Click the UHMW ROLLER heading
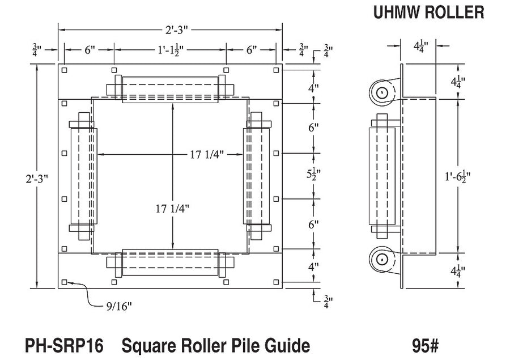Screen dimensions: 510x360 tap(429, 12)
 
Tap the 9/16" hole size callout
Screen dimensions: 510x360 tap(119, 306)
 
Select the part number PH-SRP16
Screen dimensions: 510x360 tap(64, 346)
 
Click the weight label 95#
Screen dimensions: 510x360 tap(426, 346)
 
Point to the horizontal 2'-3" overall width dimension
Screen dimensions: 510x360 tap(177, 30)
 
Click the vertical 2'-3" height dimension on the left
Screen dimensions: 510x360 tap(37, 179)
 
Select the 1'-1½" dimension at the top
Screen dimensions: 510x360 tap(171, 50)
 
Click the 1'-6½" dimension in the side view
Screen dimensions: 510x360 tap(458, 177)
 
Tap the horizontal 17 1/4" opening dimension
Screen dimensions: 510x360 tap(207, 154)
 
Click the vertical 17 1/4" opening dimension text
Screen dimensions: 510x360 tap(172, 208)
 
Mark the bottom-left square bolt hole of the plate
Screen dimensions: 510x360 tap(65, 282)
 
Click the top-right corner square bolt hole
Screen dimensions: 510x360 tap(276, 70)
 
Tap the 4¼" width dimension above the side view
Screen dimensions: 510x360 tap(421, 46)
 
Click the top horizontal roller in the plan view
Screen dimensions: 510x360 tap(170, 90)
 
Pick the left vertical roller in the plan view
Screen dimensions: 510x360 tap(84, 176)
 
